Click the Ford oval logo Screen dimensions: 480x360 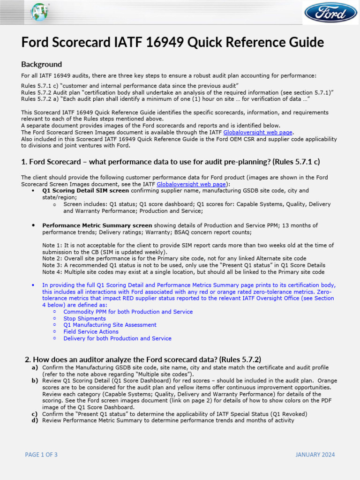point(330,13)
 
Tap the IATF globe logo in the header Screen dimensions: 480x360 point(39,12)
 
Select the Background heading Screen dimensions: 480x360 point(41,64)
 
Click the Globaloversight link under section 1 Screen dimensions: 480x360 point(184,184)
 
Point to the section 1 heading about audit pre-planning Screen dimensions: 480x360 point(171,162)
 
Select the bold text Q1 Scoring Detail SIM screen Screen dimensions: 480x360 point(85,191)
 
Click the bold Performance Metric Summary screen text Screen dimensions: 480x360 point(97,225)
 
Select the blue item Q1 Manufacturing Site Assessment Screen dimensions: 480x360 point(110,325)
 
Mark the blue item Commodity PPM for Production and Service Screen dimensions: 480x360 point(127,312)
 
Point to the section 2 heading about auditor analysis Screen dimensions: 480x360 point(142,360)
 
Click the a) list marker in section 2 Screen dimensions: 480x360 point(35,368)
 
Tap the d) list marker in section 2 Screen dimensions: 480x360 point(35,420)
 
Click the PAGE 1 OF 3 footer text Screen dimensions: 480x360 point(41,455)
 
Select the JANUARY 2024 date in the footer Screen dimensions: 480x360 point(315,455)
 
